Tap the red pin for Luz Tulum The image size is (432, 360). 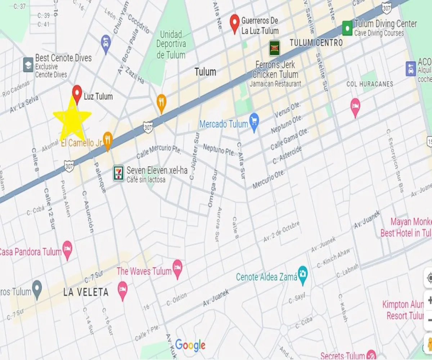coord(77,94)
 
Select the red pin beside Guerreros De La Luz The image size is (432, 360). coord(235,23)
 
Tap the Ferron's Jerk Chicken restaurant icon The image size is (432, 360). coord(274,48)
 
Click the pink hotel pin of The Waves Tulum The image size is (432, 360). coord(177,268)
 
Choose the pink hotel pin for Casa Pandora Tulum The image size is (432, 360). coord(67,249)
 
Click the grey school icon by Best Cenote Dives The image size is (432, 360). coord(28,64)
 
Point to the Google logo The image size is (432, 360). coord(190,346)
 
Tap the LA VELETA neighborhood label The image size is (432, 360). coord(86,292)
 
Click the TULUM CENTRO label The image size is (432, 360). coord(316,43)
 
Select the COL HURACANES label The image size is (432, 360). coord(369,84)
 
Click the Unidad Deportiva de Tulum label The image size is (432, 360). coord(171,45)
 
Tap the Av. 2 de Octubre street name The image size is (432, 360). coord(282,231)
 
